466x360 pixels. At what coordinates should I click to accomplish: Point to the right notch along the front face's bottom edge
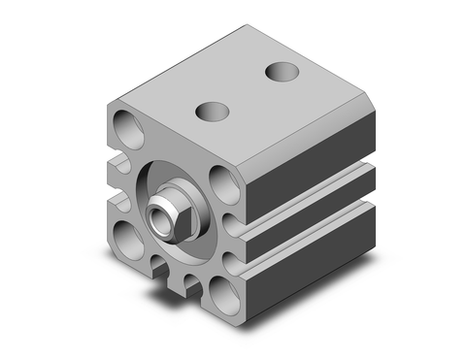[x=192, y=283]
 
